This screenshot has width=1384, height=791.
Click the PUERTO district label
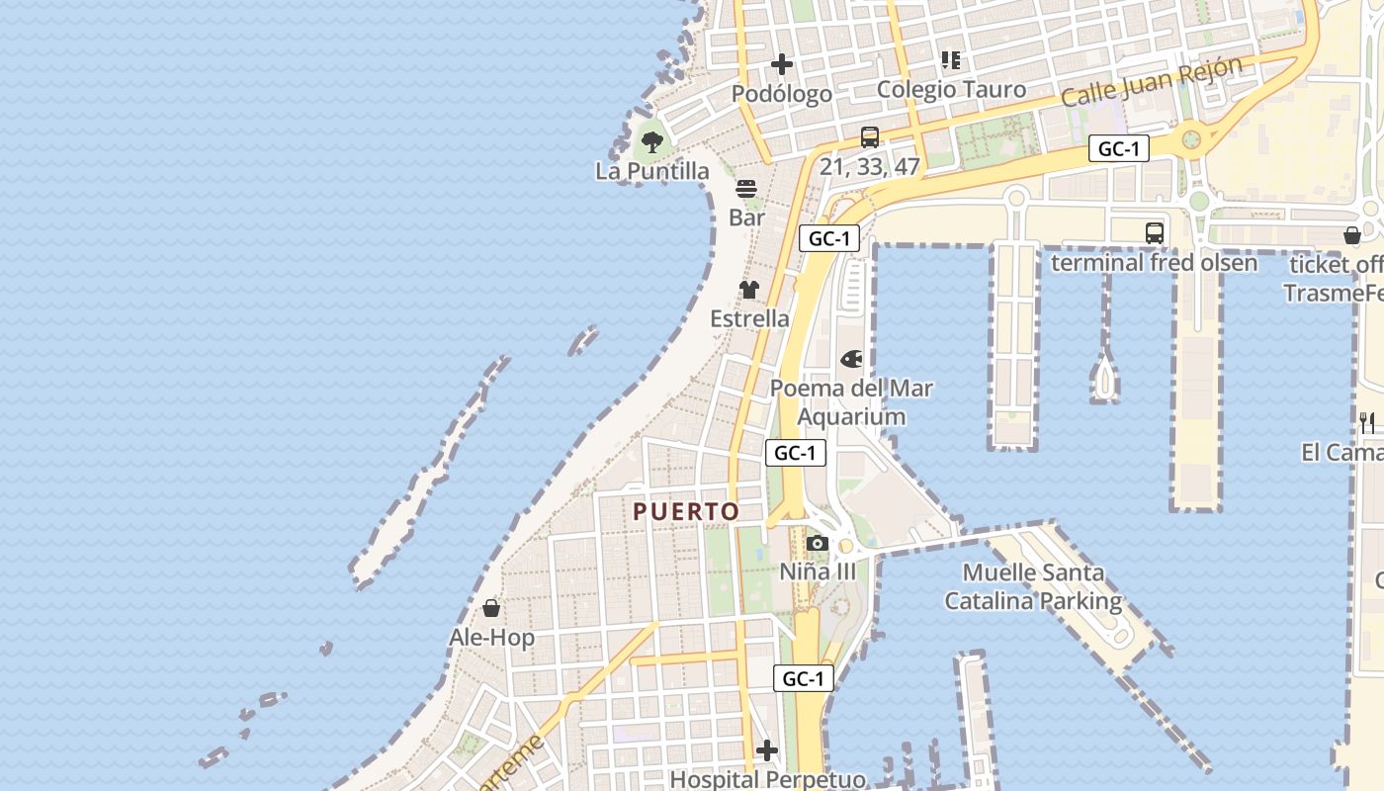pos(686,511)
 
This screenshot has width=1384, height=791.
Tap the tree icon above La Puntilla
pos(652,141)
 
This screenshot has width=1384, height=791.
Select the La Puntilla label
pos(652,171)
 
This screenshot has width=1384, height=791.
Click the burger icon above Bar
pos(746,188)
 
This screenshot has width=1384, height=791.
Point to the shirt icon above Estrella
pos(749,290)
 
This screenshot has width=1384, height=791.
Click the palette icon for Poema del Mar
pos(851,359)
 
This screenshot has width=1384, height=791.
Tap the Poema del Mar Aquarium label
pos(851,402)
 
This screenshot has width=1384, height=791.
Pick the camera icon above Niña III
pos(817,543)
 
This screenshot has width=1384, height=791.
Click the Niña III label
pos(818,571)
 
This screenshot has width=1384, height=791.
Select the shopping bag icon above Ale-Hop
pos(491,608)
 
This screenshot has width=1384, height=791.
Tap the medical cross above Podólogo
pos(782,64)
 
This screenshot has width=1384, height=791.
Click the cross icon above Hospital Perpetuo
pos(767,750)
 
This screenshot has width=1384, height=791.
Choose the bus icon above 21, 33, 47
pos(870,137)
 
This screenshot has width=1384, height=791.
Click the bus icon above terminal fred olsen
pos(1154,233)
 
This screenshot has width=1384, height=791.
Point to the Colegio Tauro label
pos(951,89)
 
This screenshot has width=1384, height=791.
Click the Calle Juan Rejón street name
pos(1152,83)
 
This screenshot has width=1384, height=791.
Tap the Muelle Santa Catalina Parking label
pos(1033,586)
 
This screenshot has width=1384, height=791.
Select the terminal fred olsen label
pos(1154,263)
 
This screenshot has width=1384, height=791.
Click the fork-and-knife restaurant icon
pos(1367,423)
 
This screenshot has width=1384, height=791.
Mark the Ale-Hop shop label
pos(491,638)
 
